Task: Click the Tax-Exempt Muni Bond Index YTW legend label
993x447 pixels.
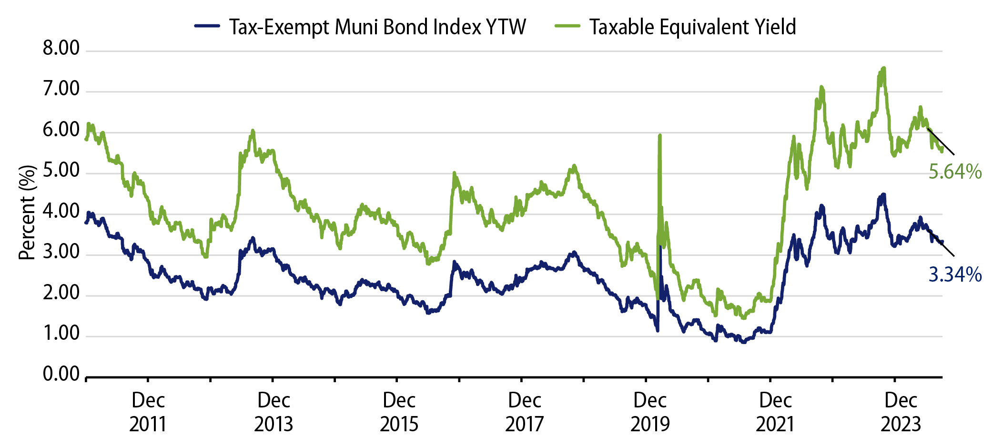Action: [x=377, y=27]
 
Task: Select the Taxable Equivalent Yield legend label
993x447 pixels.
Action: [x=692, y=27]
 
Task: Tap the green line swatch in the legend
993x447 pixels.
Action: [x=567, y=26]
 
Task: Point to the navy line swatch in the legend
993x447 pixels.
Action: [x=207, y=26]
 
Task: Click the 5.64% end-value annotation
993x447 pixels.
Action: [x=955, y=172]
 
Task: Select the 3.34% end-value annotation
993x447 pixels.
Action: [x=955, y=275]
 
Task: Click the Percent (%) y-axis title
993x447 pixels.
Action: [x=28, y=213]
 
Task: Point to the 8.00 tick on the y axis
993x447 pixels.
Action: [x=61, y=49]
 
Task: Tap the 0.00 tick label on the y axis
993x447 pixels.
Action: [x=61, y=375]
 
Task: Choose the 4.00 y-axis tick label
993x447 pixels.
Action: [x=61, y=212]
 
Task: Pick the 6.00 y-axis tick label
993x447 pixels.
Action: [x=61, y=130]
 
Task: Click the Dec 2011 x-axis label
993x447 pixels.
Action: [x=148, y=412]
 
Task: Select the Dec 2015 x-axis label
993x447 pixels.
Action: [x=399, y=412]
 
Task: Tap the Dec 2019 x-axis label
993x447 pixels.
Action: [x=650, y=412]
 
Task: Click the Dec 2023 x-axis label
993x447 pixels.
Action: [x=901, y=412]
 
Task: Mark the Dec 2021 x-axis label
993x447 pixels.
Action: [x=775, y=412]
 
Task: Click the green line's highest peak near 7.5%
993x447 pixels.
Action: [x=884, y=68]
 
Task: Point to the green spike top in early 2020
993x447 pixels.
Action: [x=660, y=135]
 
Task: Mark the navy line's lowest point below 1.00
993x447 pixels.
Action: [x=743, y=342]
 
